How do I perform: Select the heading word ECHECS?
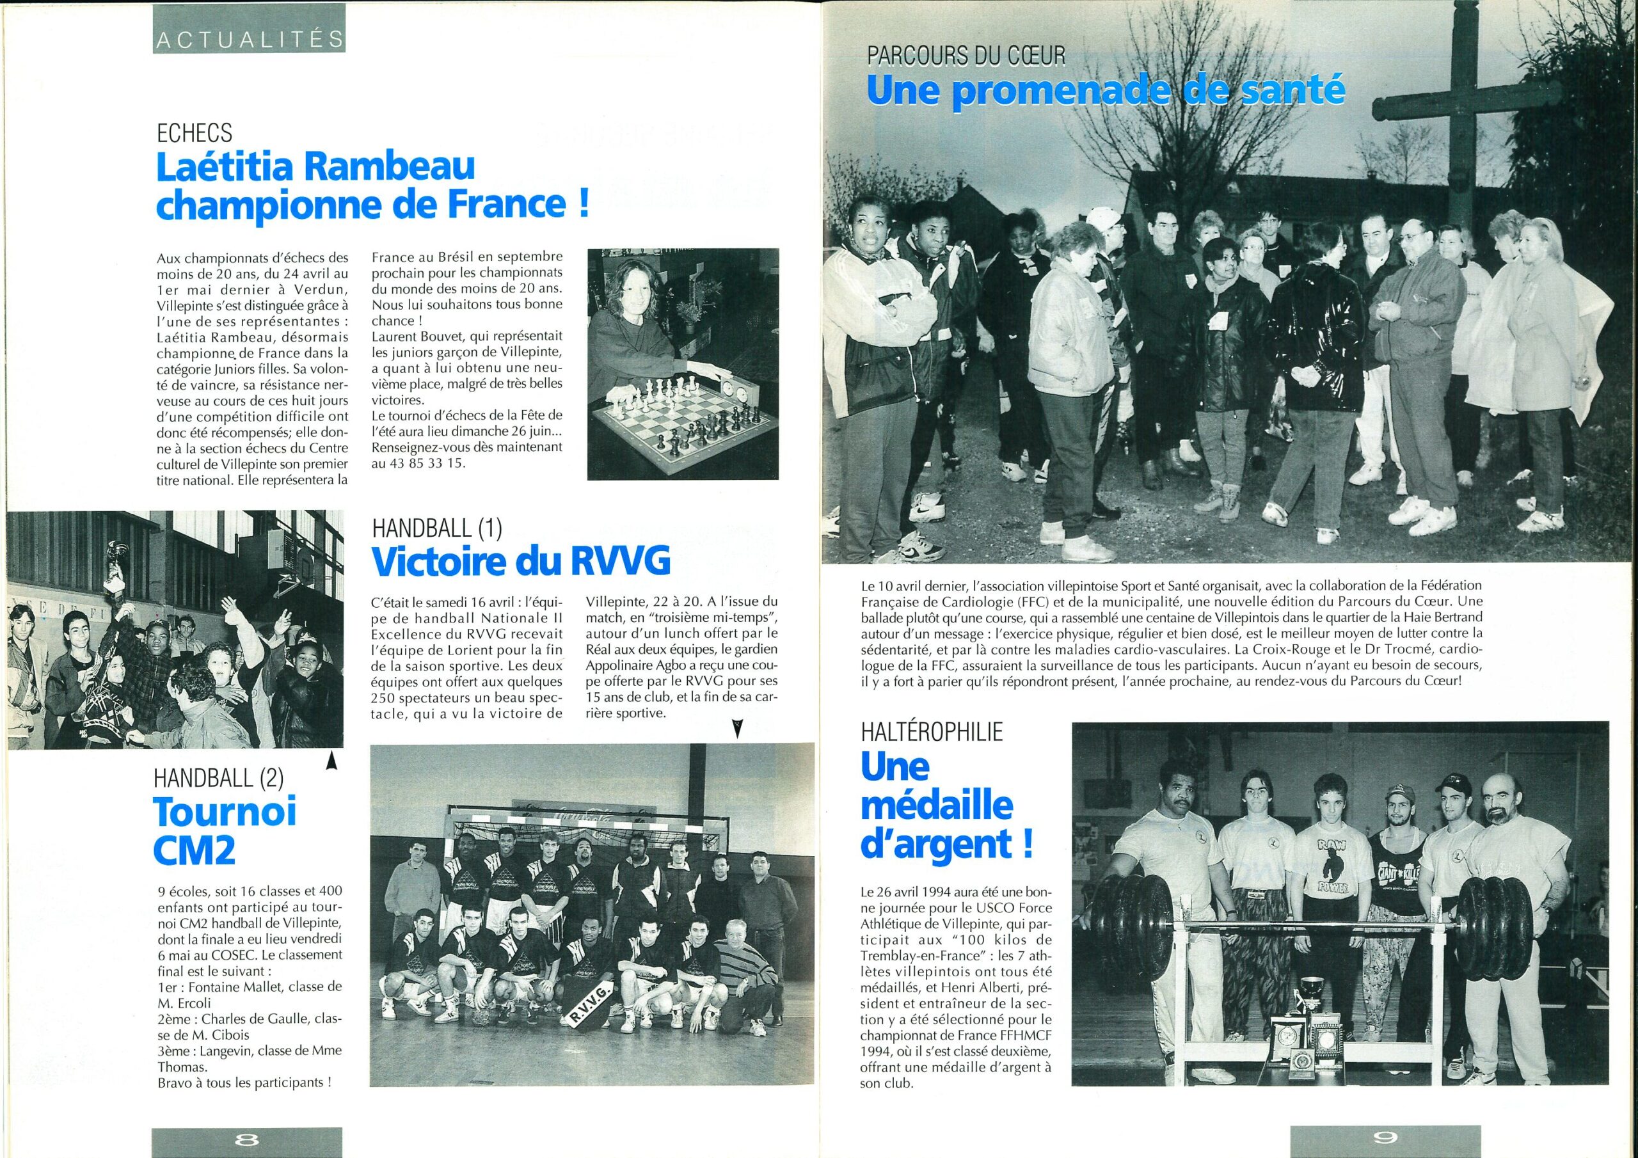coord(194,131)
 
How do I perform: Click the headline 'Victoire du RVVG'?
coord(521,562)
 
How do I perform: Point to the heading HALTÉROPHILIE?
coord(932,731)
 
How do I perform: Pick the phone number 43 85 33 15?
coord(418,463)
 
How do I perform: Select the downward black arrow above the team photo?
coord(737,729)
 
